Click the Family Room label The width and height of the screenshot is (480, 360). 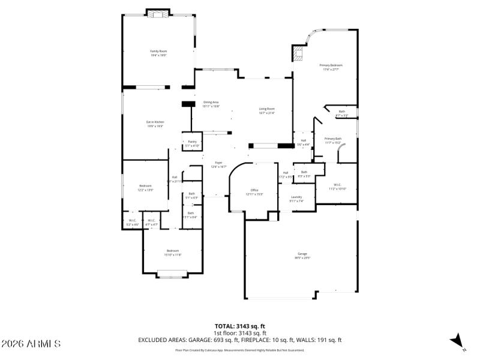(x=158, y=53)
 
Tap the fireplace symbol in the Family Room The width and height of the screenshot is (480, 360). (x=158, y=14)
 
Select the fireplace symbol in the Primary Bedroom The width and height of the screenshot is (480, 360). (x=298, y=53)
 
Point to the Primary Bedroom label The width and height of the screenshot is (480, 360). (x=331, y=67)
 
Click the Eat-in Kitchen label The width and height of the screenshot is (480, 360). (x=155, y=124)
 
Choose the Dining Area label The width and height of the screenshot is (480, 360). (x=211, y=104)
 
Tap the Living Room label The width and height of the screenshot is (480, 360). (x=266, y=110)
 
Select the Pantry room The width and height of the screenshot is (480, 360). (x=192, y=143)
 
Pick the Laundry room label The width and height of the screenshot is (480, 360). (x=296, y=199)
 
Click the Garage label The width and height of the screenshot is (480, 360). (x=302, y=255)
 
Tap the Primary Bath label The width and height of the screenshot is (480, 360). (x=333, y=140)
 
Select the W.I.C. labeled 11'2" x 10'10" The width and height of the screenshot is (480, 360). (x=338, y=187)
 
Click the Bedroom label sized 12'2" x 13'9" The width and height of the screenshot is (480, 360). (x=146, y=187)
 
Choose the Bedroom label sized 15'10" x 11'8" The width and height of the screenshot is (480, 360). (x=173, y=252)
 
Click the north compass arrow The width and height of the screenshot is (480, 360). (x=458, y=341)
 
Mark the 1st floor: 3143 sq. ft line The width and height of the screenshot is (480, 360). (x=240, y=333)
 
